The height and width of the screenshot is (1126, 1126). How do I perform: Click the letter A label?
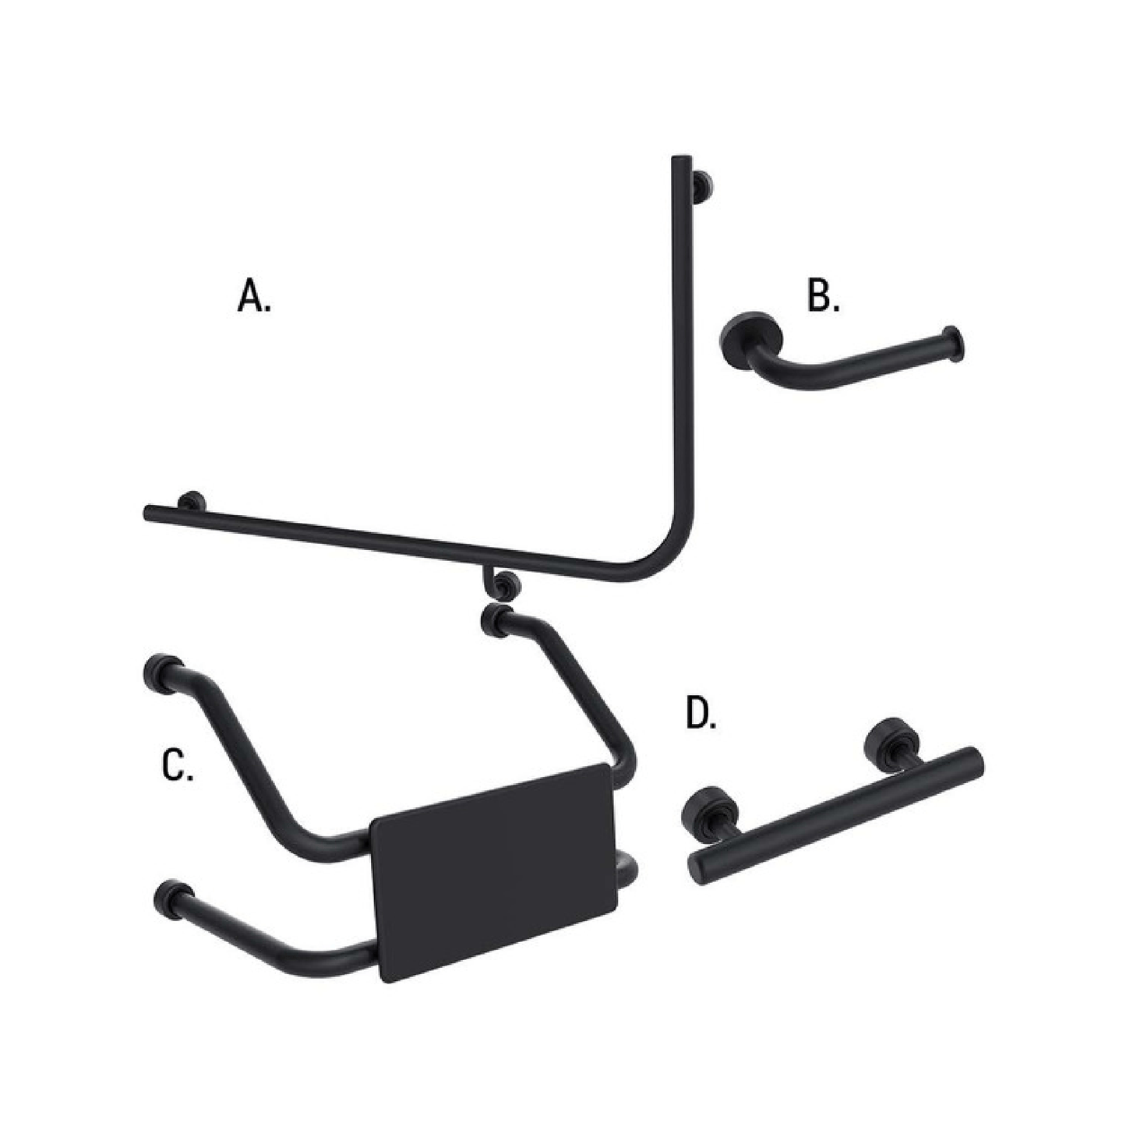(254, 297)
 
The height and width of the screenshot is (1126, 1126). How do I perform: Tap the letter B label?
(823, 297)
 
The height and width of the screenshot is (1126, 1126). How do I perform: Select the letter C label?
(178, 766)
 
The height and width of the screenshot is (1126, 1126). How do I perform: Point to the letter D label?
(701, 714)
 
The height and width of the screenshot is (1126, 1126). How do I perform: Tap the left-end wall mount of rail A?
(192, 501)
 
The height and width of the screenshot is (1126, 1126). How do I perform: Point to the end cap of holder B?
(955, 344)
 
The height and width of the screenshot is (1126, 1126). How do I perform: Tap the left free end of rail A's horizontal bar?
(149, 512)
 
